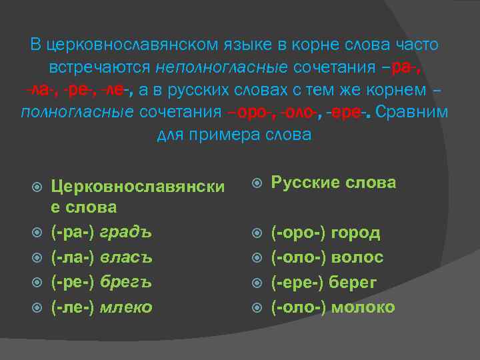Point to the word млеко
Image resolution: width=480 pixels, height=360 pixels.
(127, 307)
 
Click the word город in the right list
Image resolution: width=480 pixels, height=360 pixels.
(356, 233)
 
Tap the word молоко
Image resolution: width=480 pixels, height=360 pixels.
(363, 307)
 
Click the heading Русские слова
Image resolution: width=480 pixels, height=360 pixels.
(333, 183)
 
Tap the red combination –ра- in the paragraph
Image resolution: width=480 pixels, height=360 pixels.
(409, 67)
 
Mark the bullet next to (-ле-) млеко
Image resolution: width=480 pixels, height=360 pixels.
(38, 307)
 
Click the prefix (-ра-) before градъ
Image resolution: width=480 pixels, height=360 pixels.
(74, 233)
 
